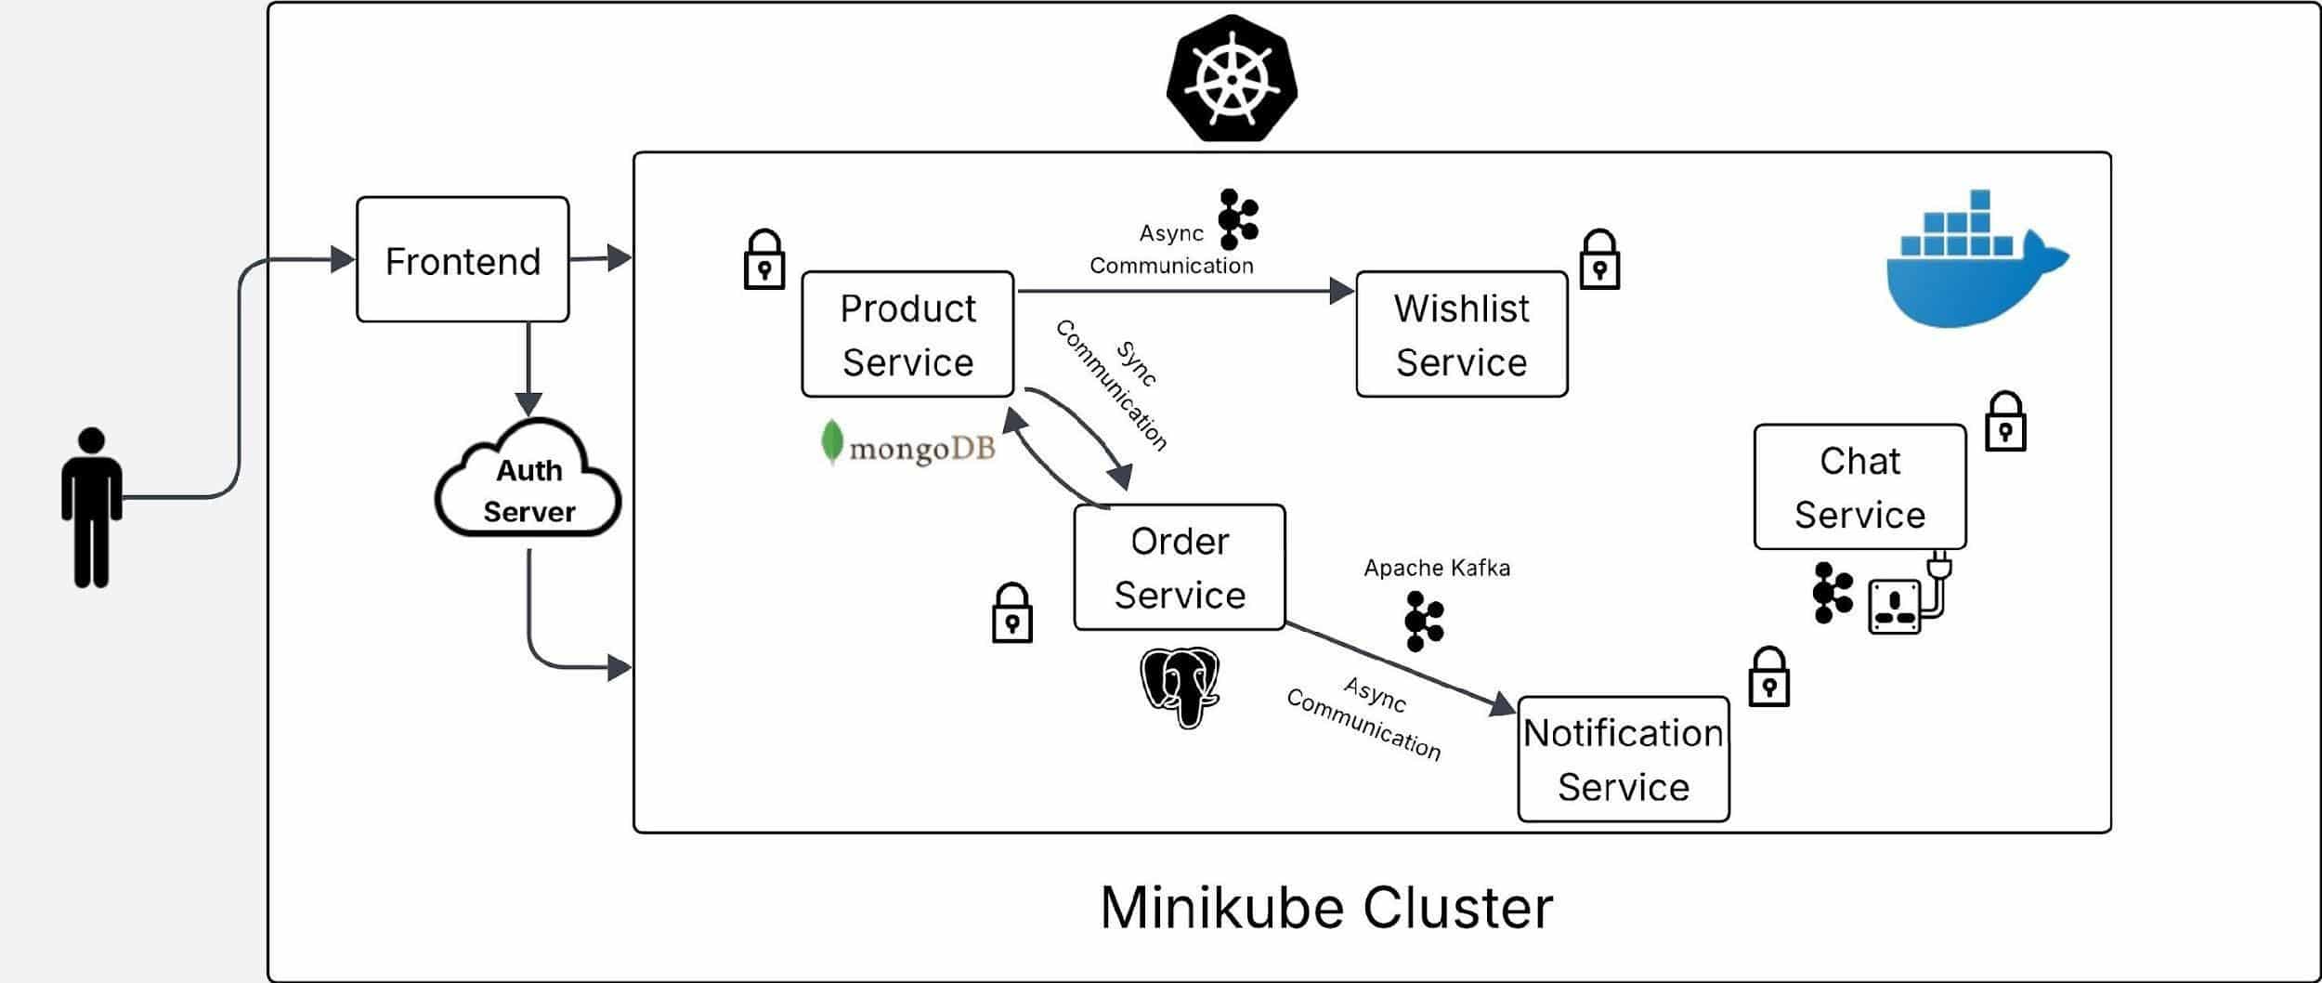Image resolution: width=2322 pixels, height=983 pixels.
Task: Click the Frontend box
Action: point(463,260)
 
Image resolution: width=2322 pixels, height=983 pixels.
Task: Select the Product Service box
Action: point(907,334)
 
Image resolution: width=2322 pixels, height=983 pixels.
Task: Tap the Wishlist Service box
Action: point(1461,334)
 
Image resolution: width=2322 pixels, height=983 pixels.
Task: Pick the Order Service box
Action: point(1180,568)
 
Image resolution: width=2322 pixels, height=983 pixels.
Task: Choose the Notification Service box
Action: point(1623,759)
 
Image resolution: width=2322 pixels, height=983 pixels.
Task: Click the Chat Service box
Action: point(1859,487)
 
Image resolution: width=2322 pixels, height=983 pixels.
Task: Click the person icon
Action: point(91,507)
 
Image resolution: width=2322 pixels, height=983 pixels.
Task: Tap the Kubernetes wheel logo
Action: point(1232,78)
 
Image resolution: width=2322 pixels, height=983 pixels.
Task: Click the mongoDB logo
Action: point(908,446)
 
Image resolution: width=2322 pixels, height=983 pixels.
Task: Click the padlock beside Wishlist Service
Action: point(1599,260)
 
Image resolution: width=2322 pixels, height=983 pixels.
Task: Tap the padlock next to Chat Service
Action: point(2004,422)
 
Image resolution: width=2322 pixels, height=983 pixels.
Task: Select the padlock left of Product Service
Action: point(764,260)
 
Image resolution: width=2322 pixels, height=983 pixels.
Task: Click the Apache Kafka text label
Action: point(1436,568)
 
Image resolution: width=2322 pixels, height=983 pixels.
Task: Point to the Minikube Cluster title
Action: point(1326,908)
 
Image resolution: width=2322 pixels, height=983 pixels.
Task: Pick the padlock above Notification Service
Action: point(1768,677)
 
